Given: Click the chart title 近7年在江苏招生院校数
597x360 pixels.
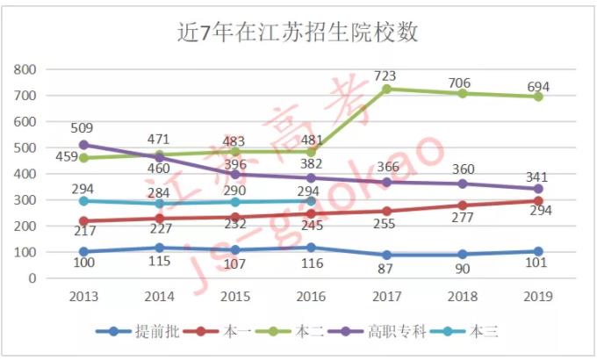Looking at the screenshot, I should pos(298,32).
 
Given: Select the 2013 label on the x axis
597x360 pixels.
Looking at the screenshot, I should pos(84,297).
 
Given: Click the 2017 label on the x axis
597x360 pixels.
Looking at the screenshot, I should pos(387,297).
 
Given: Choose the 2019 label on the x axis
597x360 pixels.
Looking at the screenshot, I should pos(538,297).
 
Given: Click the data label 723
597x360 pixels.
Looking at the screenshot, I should pos(387,76).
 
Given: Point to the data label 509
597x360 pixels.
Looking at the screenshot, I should pos(84,128).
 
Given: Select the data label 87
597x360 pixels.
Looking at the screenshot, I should pos(387,269).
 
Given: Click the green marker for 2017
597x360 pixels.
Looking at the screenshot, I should pos(387,89).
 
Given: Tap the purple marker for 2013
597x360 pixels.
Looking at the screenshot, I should pos(84,145).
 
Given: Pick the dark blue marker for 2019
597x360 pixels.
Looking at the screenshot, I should pos(538,251).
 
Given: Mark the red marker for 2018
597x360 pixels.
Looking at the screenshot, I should pos(463,205).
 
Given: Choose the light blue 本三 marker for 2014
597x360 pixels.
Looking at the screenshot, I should pos(160,204).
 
